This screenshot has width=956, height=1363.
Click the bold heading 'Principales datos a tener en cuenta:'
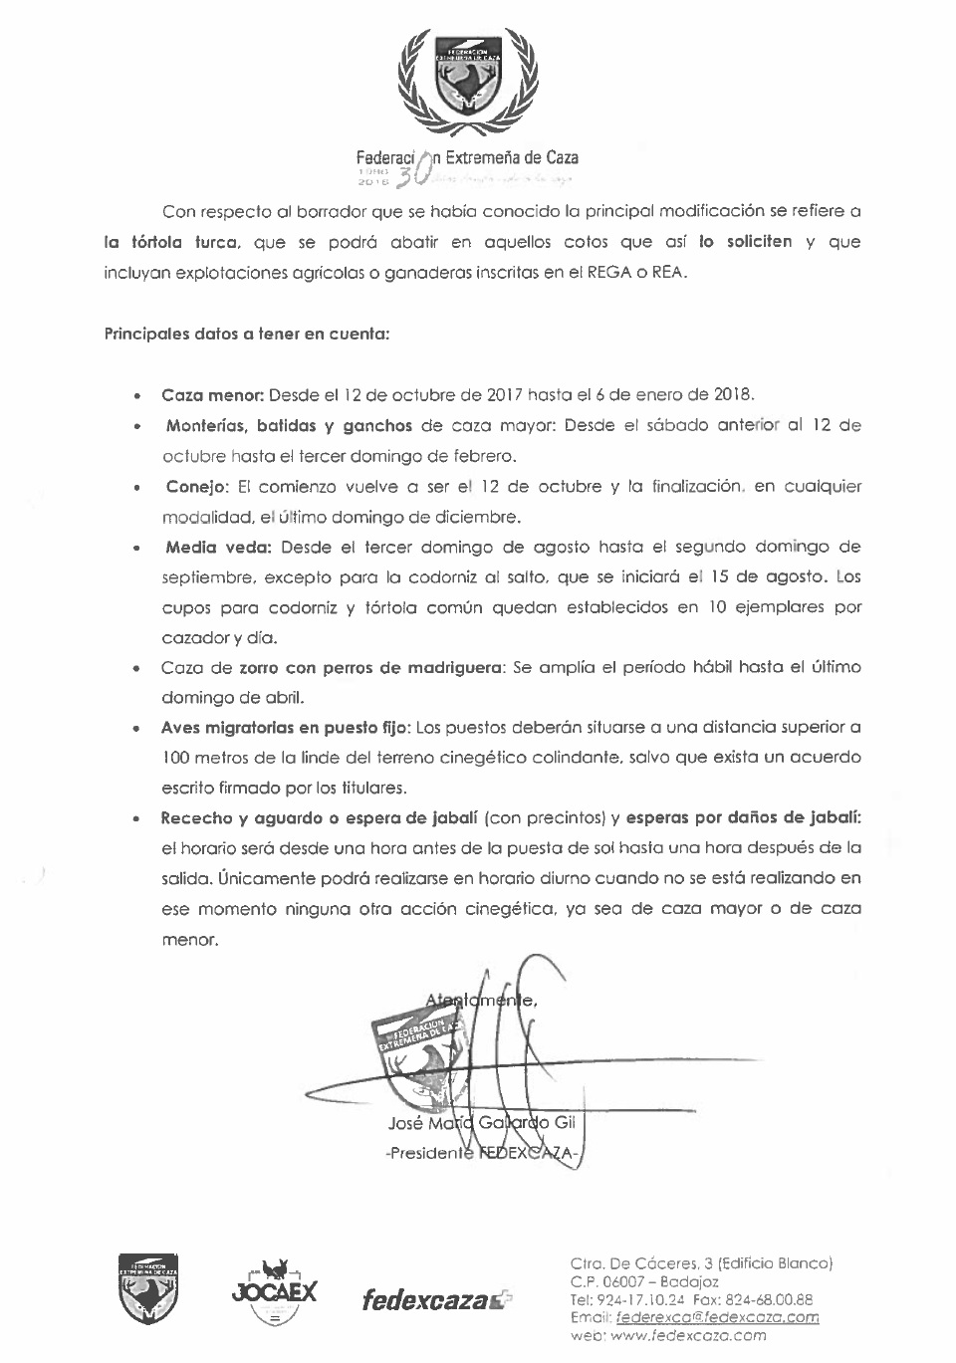pos(246,335)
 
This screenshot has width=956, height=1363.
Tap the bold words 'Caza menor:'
pos(212,394)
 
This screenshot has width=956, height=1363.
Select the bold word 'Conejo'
pos(197,487)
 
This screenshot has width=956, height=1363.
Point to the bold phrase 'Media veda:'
pos(219,547)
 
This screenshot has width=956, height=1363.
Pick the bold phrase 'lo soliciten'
pos(745,242)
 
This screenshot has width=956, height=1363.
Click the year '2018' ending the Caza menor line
pos(733,394)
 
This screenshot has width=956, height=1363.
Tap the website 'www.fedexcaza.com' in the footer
pos(688,1335)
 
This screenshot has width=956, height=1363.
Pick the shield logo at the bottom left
pos(147,1287)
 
